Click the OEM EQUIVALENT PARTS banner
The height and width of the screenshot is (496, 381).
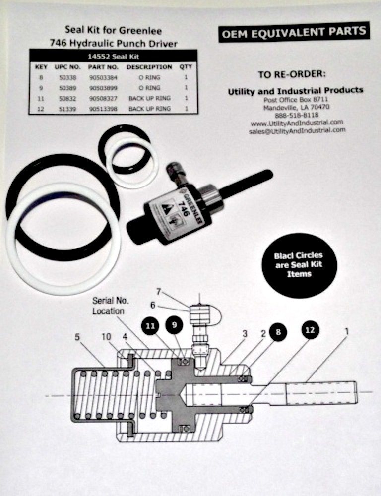coord(294,32)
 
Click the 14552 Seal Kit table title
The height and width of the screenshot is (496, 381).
coord(114,56)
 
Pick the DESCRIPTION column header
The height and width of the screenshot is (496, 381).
coord(149,67)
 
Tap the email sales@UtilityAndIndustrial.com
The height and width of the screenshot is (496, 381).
coord(298,130)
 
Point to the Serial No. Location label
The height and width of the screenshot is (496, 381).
coord(109,307)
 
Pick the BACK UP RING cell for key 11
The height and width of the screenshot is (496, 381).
coord(149,98)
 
